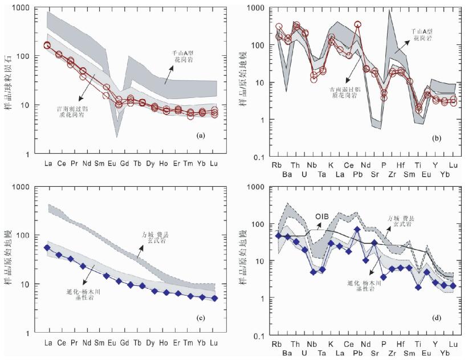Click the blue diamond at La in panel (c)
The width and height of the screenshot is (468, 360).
pyautogui.click(x=47, y=248)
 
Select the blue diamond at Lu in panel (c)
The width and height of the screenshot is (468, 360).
pyautogui.click(x=214, y=298)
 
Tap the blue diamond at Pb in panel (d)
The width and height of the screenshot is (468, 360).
pyautogui.click(x=357, y=230)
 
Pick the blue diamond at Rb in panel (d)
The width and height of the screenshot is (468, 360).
pyautogui.click(x=279, y=235)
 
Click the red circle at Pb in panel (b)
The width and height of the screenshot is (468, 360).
pyautogui.click(x=358, y=25)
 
